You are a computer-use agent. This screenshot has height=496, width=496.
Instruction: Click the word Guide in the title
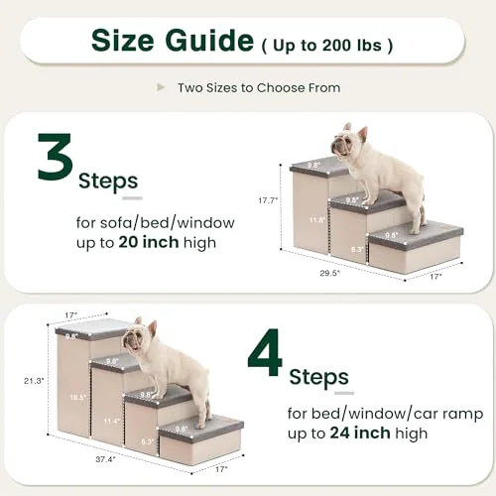tap(209, 41)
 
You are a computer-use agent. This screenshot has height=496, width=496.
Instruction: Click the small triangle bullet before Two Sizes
tap(161, 87)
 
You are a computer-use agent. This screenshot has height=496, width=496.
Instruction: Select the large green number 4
tap(265, 352)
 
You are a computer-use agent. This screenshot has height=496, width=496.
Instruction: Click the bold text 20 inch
tap(149, 242)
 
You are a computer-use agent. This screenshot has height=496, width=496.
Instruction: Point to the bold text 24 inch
tap(360, 433)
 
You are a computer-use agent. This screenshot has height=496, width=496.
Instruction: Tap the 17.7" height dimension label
tap(268, 200)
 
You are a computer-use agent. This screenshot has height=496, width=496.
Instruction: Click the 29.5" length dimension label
tap(329, 273)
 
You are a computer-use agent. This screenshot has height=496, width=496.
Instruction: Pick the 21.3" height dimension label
tap(34, 381)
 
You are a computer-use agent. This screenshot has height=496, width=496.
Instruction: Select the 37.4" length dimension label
tap(105, 459)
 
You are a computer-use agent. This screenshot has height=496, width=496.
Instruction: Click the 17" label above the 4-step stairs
tap(70, 315)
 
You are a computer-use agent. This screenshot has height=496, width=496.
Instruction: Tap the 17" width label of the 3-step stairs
tap(435, 277)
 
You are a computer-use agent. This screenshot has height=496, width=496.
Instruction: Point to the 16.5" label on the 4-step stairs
tap(78, 398)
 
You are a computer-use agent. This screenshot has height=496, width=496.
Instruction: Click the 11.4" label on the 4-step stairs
tap(111, 421)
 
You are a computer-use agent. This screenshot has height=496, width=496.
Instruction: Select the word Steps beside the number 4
tap(318, 377)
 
